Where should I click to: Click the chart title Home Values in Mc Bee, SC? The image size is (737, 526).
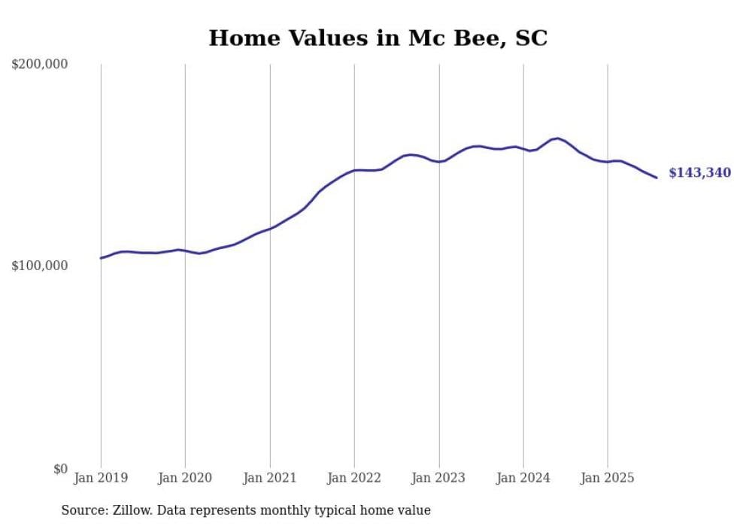point(378,38)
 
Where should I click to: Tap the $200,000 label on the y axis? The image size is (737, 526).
point(40,65)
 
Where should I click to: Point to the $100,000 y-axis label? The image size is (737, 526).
point(40,266)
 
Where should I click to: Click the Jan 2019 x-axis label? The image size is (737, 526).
point(101,478)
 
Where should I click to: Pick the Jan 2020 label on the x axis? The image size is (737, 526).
point(185,478)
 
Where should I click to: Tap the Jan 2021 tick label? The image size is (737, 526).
point(270,478)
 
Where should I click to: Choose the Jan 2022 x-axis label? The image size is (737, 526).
point(354,478)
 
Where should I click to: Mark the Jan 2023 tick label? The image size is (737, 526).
point(439,478)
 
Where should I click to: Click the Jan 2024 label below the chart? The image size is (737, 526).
point(523,478)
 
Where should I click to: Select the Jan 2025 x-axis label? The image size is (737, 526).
point(608,478)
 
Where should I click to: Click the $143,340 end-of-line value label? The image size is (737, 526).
point(699,173)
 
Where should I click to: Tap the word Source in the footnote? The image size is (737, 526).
point(83,511)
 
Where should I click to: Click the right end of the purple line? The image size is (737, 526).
point(657,178)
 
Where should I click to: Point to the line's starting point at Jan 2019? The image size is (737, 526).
point(101,258)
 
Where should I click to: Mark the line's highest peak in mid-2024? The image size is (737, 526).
point(557,138)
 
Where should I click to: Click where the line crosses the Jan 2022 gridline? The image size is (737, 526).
point(354,171)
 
